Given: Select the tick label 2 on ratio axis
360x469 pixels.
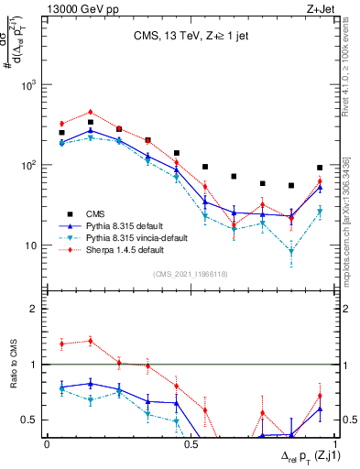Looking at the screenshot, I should pos(35,310).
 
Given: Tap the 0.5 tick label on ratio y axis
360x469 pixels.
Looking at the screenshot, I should pos(29,420).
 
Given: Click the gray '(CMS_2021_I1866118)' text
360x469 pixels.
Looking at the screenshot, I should pos(191,273).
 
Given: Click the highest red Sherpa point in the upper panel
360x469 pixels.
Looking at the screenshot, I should pos(90,113).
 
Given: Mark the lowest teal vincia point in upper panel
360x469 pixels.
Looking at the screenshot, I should pos(291,251).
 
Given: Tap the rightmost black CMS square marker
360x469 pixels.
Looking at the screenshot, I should pos(319,168).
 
